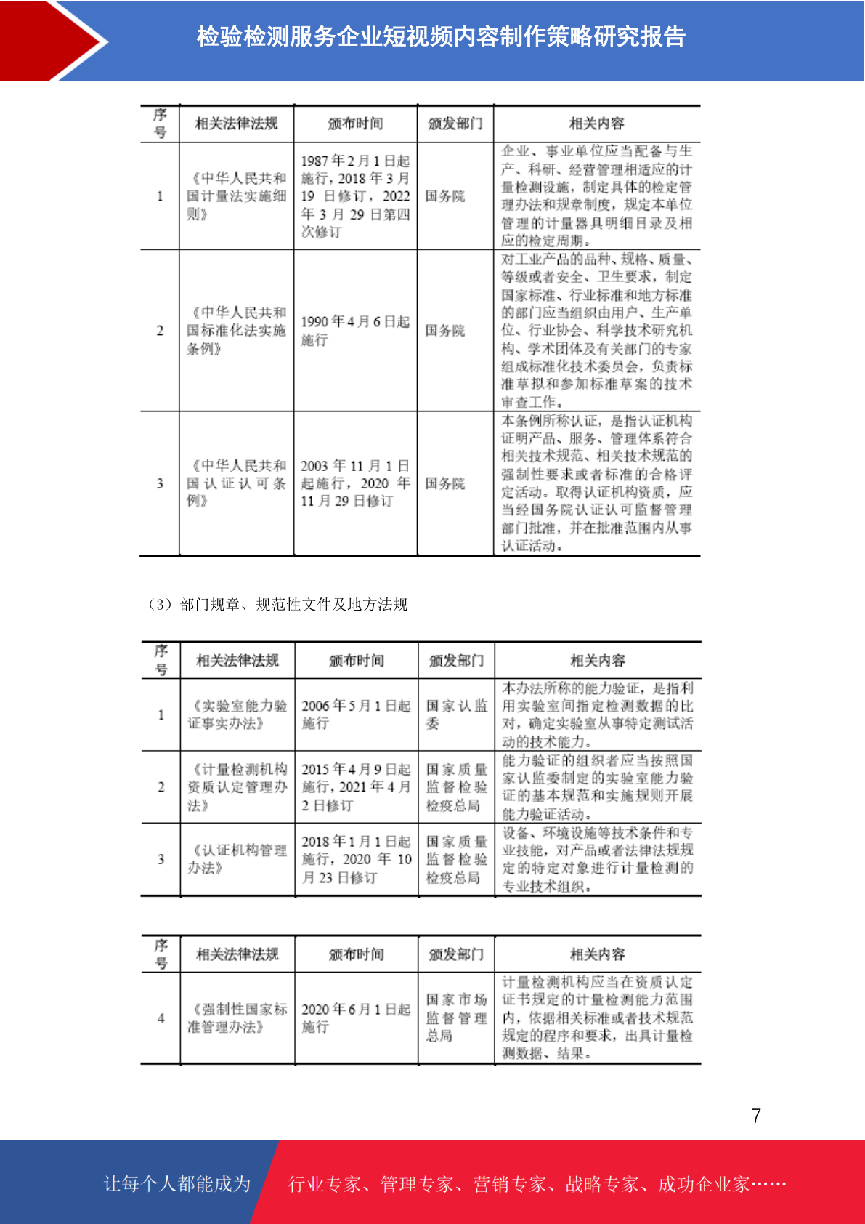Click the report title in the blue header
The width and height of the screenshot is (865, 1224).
coord(441,36)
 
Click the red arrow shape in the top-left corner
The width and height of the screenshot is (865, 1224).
coord(51,40)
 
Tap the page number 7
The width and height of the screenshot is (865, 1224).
coord(756,1116)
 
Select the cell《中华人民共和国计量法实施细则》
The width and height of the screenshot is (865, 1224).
coord(237,196)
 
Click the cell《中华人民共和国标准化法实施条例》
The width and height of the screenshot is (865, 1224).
coord(237,331)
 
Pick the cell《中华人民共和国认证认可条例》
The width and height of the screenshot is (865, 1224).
coord(237,483)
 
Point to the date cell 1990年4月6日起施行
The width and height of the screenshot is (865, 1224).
coord(355,331)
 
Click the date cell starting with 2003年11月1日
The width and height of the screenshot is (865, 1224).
coord(355,483)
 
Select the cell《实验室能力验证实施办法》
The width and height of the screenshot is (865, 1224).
coord(237,714)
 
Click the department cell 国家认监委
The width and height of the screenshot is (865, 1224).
coord(456,714)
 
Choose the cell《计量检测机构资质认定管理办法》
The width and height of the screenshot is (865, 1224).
coord(237,787)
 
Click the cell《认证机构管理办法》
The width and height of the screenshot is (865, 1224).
coord(237,859)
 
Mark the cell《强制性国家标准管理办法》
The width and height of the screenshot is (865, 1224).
coord(237,1018)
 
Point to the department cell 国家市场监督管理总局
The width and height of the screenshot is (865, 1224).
coord(456,1018)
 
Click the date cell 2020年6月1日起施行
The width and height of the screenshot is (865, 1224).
coord(356,1018)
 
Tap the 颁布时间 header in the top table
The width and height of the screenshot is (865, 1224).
coord(355,124)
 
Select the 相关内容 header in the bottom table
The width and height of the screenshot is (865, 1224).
coord(598,954)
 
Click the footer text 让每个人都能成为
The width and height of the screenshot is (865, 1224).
coord(177,1184)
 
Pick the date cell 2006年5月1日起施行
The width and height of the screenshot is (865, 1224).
coord(356,714)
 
